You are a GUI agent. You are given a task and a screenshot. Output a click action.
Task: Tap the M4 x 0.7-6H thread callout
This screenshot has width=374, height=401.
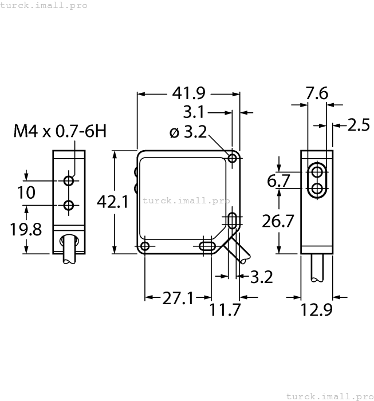[60, 132]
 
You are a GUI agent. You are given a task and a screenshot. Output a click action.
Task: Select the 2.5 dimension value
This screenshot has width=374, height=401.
[359, 125]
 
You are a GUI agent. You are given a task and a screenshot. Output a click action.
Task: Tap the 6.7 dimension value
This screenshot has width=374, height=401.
[279, 182]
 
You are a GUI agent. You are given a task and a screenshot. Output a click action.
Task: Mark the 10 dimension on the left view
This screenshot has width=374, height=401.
[26, 192]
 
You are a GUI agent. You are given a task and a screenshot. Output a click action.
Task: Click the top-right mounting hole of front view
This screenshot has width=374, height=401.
[233, 158]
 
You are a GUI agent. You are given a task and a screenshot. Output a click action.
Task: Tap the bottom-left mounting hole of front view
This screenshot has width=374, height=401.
[145, 246]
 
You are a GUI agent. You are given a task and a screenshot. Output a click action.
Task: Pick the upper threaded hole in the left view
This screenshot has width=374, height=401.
[69, 181]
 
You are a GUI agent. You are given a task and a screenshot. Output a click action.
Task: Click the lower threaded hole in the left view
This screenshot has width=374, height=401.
[69, 206]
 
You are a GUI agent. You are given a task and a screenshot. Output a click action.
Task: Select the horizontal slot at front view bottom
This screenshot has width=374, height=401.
[206, 246]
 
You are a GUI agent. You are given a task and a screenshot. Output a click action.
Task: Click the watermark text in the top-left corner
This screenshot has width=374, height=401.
[44, 5]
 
